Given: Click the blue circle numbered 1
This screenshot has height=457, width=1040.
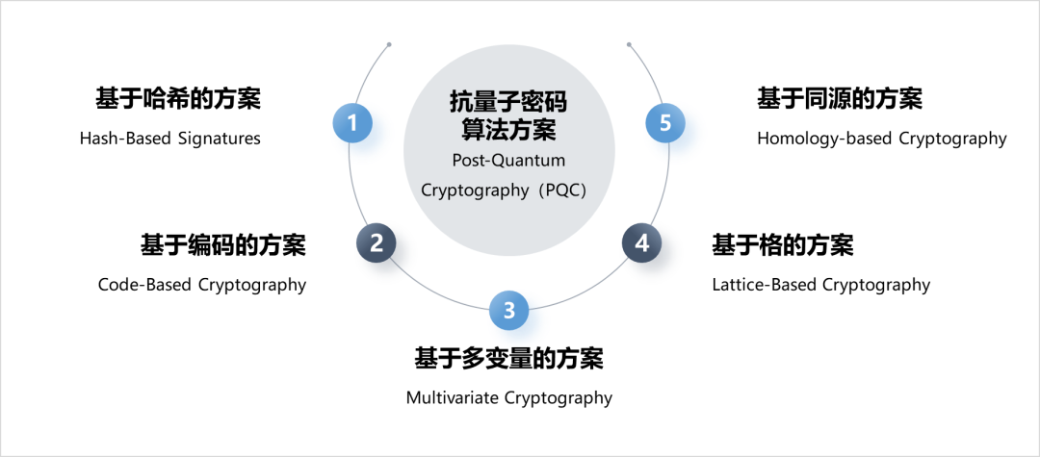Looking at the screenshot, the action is [361, 130].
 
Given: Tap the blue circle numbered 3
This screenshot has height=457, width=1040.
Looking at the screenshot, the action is [518, 317].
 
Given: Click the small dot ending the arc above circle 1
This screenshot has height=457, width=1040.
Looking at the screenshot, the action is [388, 44].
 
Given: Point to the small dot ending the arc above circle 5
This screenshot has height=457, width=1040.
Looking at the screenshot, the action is [629, 44].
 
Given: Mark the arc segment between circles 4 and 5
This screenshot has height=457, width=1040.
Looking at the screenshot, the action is [665, 192].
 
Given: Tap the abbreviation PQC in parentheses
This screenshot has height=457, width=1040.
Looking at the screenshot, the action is [563, 190].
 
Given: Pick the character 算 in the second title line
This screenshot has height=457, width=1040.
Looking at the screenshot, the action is [473, 128].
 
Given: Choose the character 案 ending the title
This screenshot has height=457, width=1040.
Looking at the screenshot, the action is [543, 128].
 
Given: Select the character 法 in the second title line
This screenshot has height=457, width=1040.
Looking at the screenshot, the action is [496, 128].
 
